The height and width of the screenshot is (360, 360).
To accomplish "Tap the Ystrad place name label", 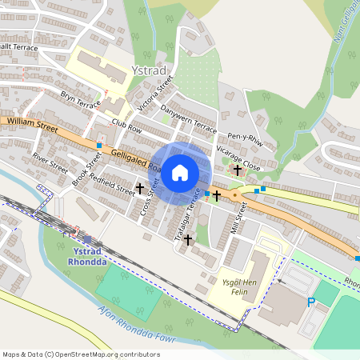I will [x=150, y=70].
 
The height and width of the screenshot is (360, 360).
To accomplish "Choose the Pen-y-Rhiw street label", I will [x=246, y=138].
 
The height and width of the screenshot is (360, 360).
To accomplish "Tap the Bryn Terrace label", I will [x=81, y=100].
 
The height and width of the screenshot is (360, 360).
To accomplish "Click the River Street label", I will [x=50, y=162].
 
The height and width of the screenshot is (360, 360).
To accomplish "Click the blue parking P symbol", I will [x=311, y=302].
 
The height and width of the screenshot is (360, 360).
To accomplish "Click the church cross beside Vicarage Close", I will [x=237, y=170].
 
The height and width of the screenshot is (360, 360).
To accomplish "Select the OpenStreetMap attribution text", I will [x=81, y=354].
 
